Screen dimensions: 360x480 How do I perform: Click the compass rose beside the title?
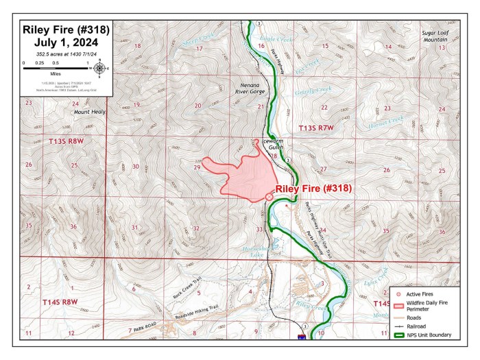pyautogui.click(x=100, y=67)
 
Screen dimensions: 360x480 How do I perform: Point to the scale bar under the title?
pyautogui.click(x=56, y=68)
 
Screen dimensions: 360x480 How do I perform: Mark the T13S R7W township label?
pyautogui.click(x=316, y=129)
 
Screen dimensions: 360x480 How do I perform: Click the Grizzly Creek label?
pyautogui.click(x=307, y=90)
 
